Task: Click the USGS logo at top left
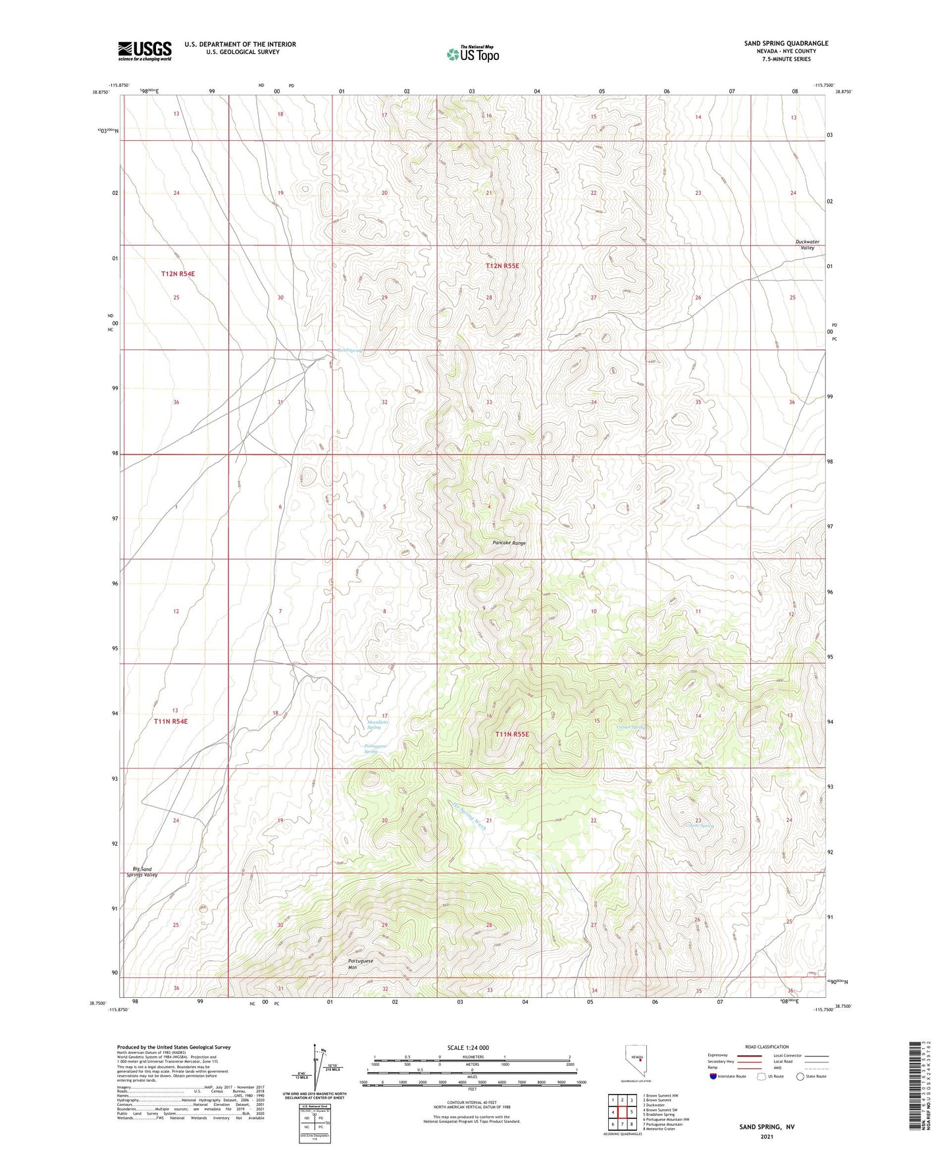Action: [144, 51]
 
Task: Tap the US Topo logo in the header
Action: [472, 54]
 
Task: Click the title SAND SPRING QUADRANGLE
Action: [786, 43]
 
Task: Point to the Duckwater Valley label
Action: [807, 245]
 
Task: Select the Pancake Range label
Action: [509, 543]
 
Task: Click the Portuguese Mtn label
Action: [361, 964]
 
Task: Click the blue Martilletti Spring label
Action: [378, 725]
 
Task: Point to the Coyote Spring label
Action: [700, 825]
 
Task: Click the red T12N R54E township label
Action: [178, 273]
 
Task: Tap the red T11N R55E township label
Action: [512, 734]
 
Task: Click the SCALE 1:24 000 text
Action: [468, 1047]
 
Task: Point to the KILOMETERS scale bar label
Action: [472, 1056]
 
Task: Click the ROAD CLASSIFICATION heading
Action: [767, 1047]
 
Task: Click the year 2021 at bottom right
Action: [767, 1136]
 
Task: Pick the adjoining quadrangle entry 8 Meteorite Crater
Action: [662, 1129]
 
